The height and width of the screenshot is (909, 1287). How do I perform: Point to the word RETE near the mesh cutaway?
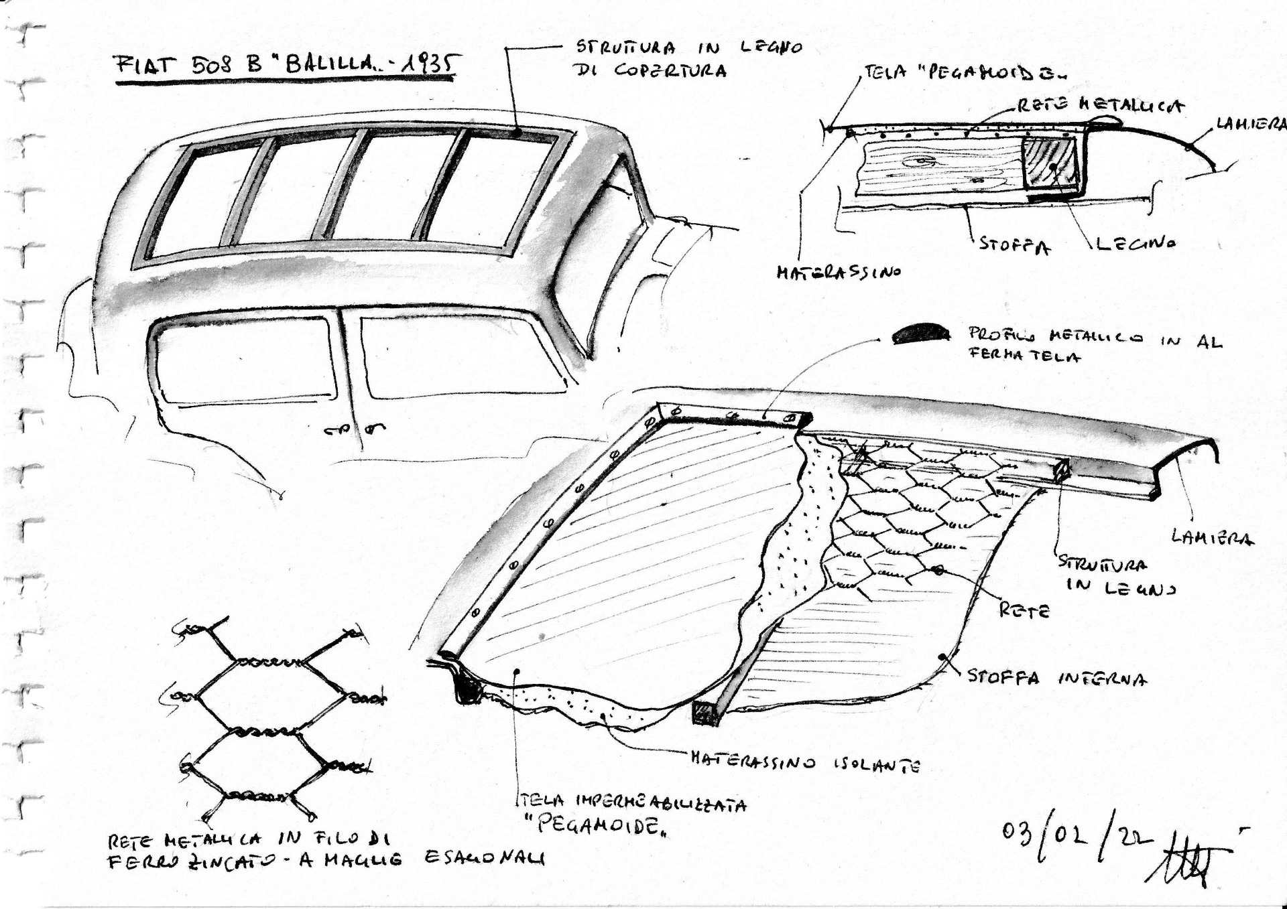(1024, 610)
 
